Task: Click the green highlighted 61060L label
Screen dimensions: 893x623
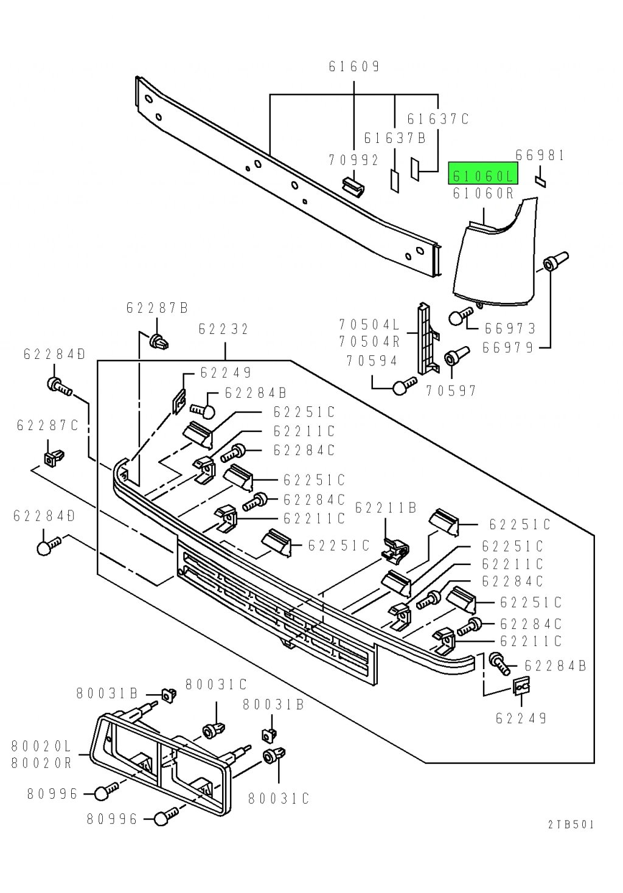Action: point(483,176)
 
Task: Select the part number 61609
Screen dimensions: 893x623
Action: point(354,66)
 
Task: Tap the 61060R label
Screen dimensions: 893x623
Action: point(483,193)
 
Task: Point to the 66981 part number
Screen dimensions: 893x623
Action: point(540,156)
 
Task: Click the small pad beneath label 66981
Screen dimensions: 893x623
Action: point(540,181)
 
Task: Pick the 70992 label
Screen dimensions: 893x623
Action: point(353,160)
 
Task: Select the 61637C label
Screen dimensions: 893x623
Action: point(438,119)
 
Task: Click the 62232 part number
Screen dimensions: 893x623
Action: point(224,330)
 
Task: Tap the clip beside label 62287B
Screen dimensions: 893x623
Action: point(159,342)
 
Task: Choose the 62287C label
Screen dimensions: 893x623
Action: point(47,426)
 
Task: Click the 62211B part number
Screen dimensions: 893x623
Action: point(386,508)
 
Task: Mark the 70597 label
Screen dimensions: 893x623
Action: point(451,391)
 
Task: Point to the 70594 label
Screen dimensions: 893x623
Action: point(372,361)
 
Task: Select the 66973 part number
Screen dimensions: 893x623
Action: point(510,329)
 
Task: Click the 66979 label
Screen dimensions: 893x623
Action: point(508,348)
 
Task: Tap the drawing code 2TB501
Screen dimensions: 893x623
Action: point(571,825)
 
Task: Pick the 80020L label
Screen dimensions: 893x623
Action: point(41,746)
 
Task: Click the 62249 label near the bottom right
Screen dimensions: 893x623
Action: point(521,719)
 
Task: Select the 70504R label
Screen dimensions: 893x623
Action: point(369,342)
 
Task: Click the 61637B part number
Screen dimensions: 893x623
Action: point(395,139)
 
